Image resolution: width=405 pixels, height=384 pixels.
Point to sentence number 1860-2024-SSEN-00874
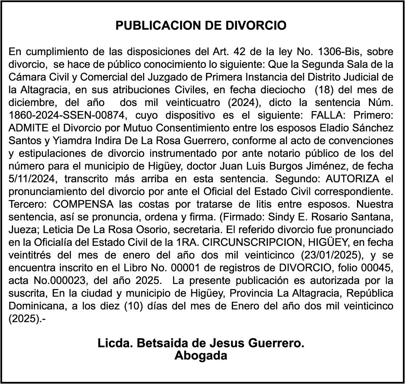pyautogui.click(x=67, y=116)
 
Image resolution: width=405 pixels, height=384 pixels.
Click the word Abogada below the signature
pyautogui.click(x=201, y=356)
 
